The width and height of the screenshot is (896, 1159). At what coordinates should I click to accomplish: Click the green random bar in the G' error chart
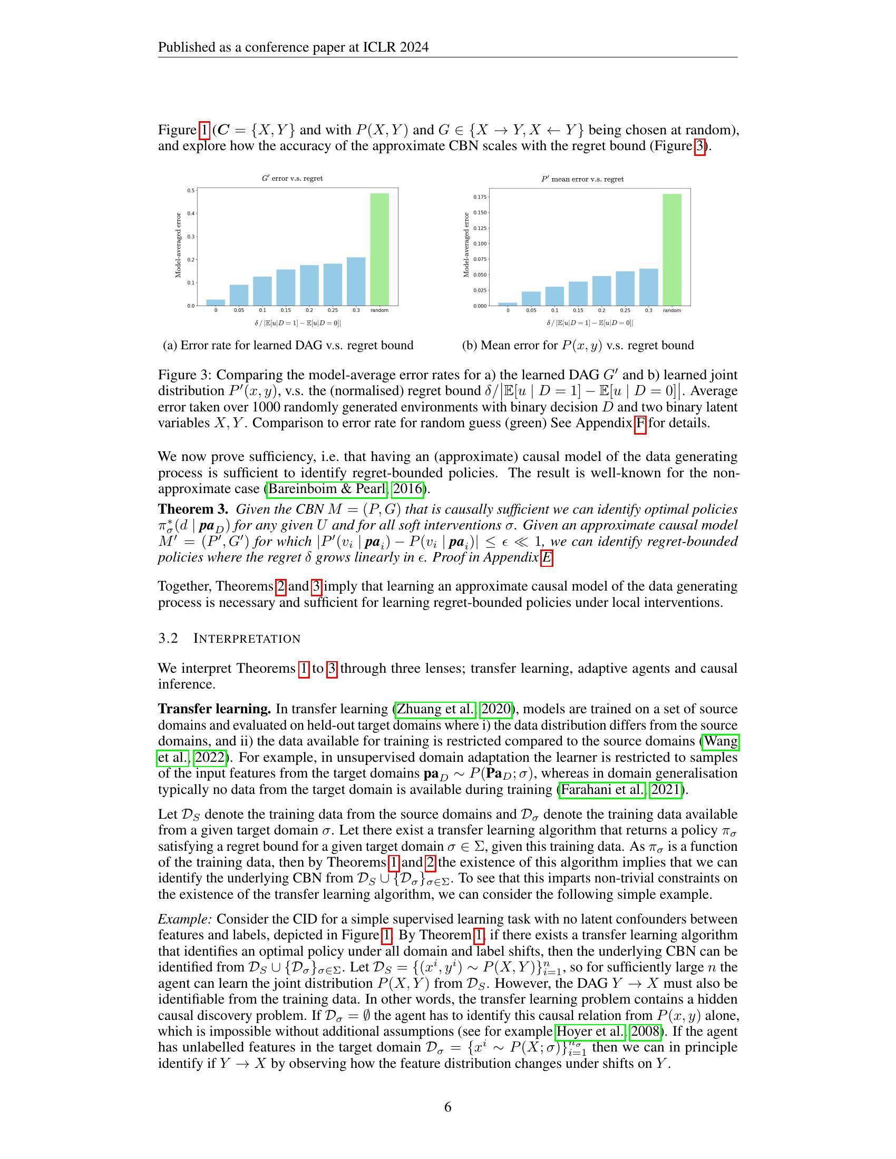(379, 249)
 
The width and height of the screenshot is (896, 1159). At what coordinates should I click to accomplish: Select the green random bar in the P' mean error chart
(672, 250)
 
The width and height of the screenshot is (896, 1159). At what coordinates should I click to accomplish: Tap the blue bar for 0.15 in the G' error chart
(286, 288)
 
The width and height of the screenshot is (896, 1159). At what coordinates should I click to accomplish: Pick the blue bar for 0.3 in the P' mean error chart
(649, 287)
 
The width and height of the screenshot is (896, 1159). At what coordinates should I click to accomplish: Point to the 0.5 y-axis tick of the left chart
(190, 190)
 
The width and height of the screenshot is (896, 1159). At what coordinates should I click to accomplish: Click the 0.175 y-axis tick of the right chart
(480, 198)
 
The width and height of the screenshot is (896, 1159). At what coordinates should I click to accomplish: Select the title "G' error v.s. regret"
(293, 178)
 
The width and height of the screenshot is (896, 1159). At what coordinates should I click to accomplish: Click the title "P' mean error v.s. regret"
(582, 179)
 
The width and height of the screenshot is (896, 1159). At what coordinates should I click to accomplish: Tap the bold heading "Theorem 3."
(193, 509)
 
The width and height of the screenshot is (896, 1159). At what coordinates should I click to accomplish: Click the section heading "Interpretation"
(247, 639)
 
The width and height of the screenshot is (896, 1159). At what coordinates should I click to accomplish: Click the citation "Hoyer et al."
(590, 1032)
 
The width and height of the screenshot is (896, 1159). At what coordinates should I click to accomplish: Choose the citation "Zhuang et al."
(436, 709)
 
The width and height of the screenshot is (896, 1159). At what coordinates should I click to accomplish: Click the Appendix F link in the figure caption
(640, 424)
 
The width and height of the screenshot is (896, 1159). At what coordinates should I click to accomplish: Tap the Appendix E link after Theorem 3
(547, 558)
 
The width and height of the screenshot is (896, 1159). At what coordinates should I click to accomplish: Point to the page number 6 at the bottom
(447, 1107)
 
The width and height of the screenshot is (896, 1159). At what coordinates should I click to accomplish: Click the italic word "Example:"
(185, 919)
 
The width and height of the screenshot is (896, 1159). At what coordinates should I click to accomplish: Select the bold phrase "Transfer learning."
(215, 709)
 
